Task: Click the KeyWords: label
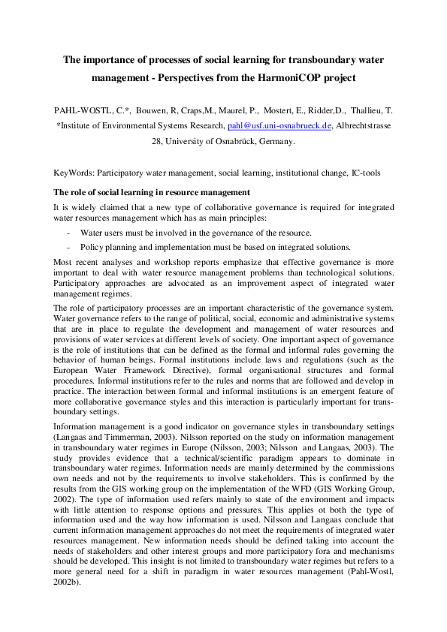[74, 172]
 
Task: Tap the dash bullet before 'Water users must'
[69, 233]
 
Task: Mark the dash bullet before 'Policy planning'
[69, 247]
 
